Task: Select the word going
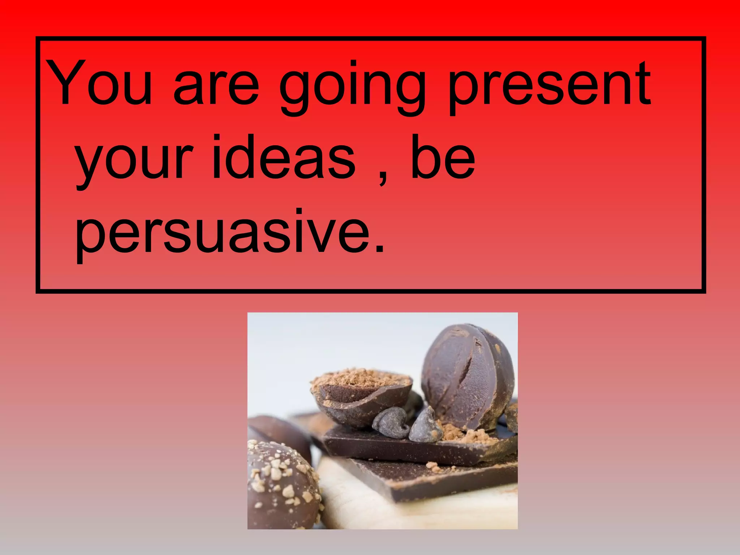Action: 352,89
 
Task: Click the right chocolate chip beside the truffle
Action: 426,426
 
